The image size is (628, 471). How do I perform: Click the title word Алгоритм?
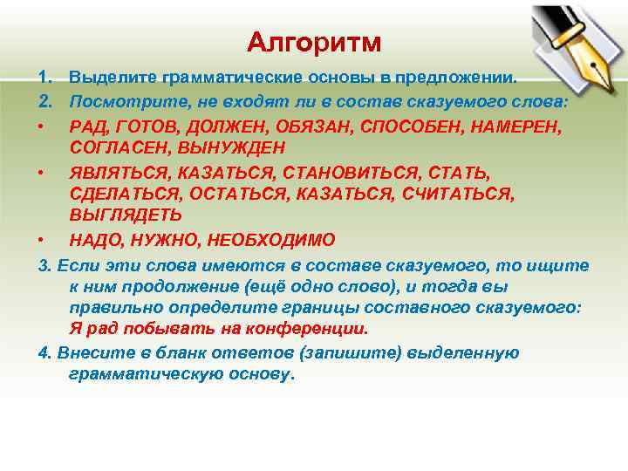pos(313,42)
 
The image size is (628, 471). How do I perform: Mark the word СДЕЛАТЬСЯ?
pos(118,193)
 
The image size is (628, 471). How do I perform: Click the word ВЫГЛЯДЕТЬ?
pos(126,214)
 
